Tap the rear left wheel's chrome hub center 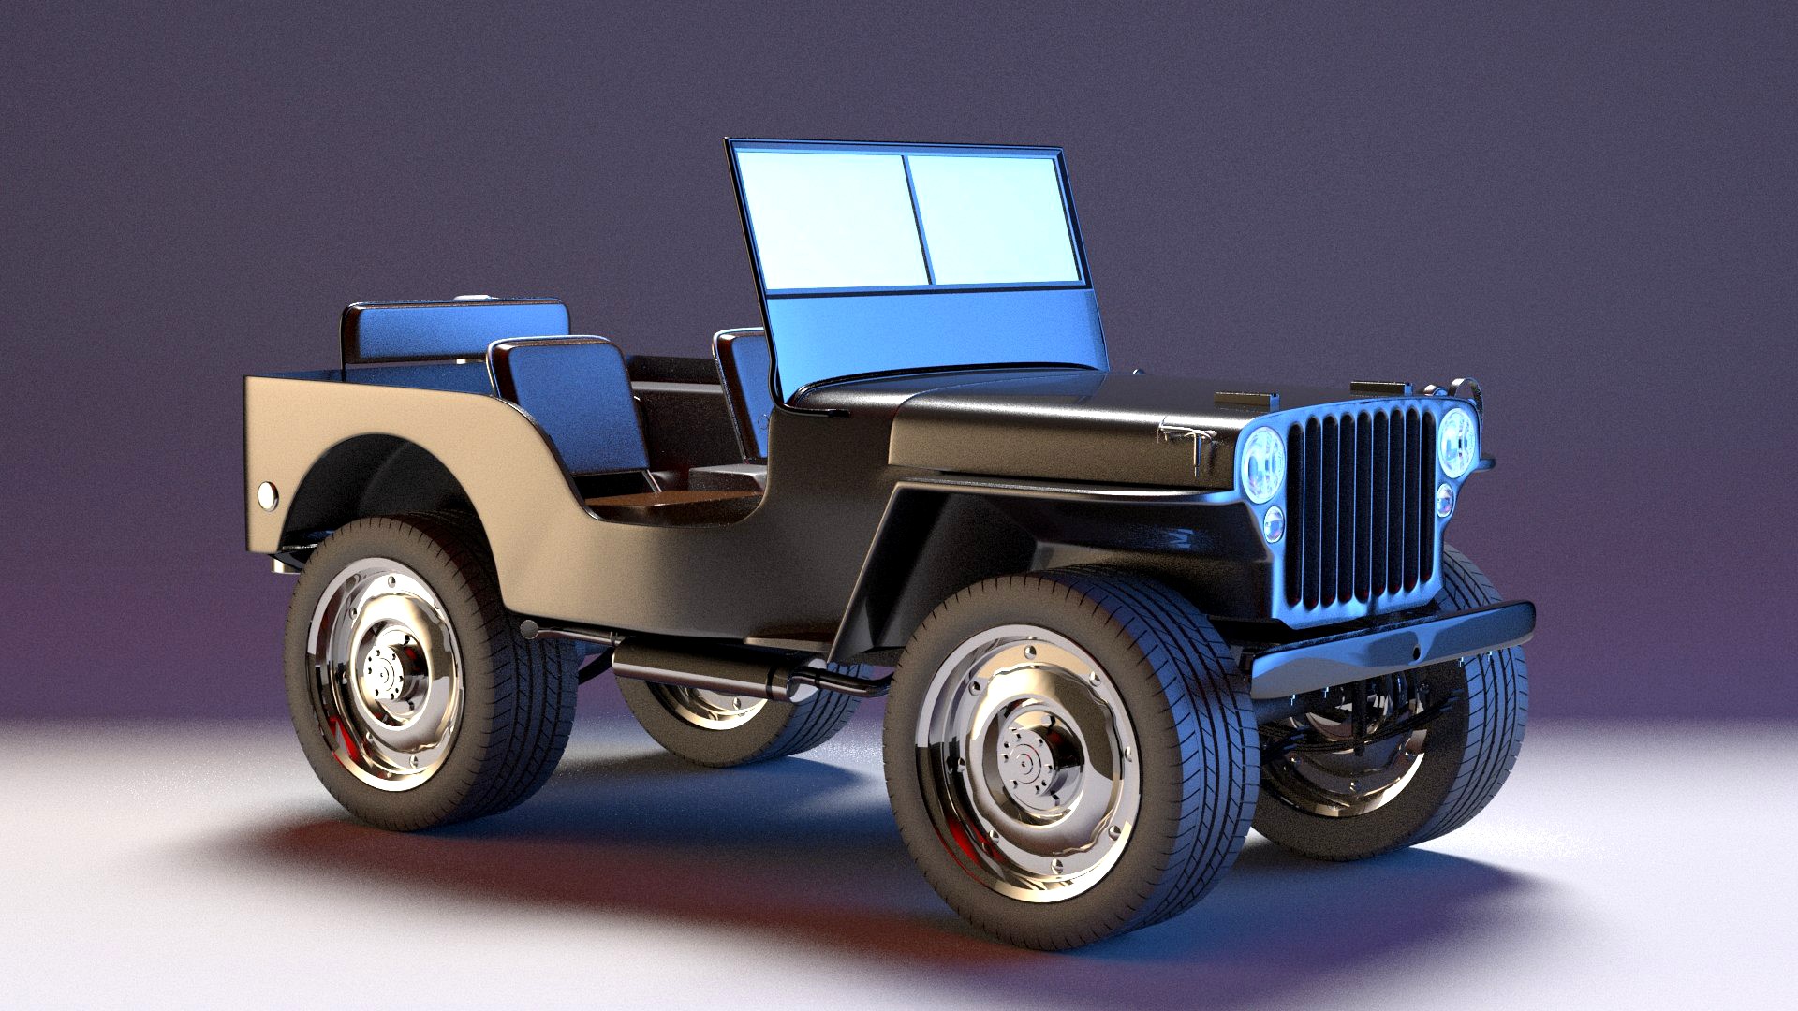pyautogui.click(x=383, y=671)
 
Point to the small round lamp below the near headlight pyautogui.click(x=1274, y=524)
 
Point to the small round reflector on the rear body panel pyautogui.click(x=268, y=495)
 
